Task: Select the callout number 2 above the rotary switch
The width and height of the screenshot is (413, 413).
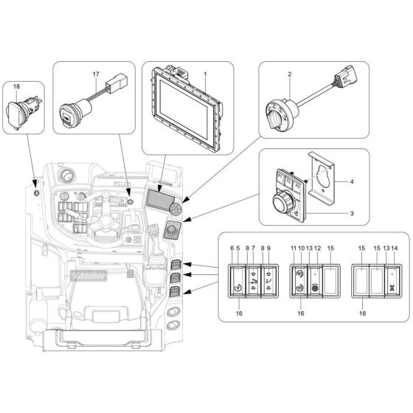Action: coord(290,74)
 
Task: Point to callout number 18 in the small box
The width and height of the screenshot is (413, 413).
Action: coord(16,87)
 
